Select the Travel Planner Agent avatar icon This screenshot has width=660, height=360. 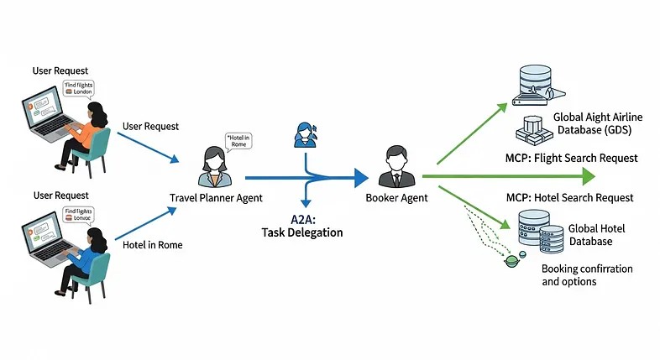pos(212,165)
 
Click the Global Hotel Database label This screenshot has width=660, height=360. pos(596,235)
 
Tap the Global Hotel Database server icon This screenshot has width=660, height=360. pos(540,232)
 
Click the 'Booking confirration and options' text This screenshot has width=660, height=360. pos(587,275)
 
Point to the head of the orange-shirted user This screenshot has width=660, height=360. pos(95,111)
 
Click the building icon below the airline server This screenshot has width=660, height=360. pos(532,128)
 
